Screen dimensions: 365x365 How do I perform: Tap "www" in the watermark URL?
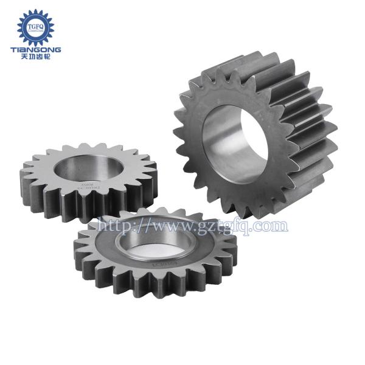coord(163,226)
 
